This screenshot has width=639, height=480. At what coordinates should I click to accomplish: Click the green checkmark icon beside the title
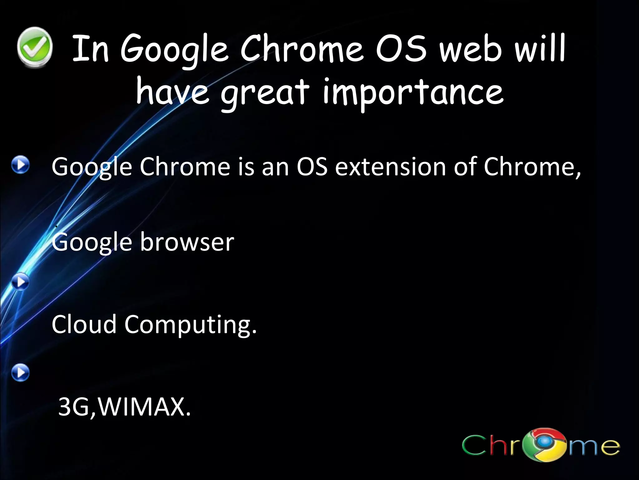click(34, 47)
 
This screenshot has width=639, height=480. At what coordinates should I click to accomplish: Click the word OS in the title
click(401, 49)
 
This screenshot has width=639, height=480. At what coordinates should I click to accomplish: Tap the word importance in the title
click(413, 92)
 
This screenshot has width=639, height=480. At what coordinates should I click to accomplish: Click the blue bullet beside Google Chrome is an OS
click(21, 165)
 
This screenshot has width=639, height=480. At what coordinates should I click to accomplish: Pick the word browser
click(187, 242)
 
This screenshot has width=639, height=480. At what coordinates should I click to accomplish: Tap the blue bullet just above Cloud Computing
click(21, 282)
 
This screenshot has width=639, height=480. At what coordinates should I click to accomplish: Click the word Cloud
click(84, 324)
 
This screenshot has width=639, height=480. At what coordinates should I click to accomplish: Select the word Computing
click(190, 325)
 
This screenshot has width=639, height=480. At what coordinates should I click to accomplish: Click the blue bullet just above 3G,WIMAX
click(21, 372)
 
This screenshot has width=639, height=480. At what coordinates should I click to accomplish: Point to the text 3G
click(73, 407)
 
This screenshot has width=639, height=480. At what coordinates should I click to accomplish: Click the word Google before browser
click(92, 242)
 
